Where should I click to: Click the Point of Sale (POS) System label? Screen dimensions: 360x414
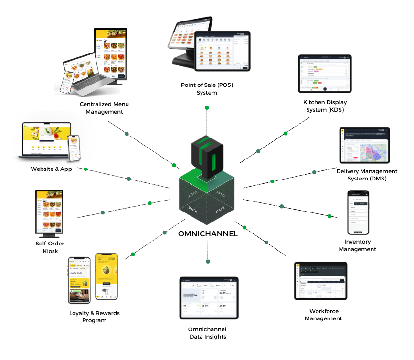coord(207,88)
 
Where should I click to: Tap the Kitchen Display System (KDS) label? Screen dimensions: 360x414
coord(325,106)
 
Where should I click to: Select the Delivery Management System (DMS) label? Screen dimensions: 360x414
coord(367,175)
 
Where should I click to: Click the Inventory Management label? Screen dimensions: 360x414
coord(357,245)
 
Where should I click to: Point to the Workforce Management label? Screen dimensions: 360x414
coord(324,315)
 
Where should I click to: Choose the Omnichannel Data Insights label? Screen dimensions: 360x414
coord(207,333)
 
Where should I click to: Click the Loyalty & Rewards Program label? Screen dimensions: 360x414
coord(94,317)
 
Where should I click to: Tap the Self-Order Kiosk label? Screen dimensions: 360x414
coord(46,247)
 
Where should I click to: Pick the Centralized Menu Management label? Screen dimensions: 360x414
coord(104,107)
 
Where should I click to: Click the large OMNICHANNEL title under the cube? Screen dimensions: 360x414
coord(208,234)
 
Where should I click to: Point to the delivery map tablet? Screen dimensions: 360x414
coord(364,145)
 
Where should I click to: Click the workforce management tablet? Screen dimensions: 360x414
coord(320,281)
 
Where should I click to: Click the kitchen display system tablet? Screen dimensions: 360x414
coord(324,73)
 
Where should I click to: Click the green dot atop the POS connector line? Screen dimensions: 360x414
coord(207,108)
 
